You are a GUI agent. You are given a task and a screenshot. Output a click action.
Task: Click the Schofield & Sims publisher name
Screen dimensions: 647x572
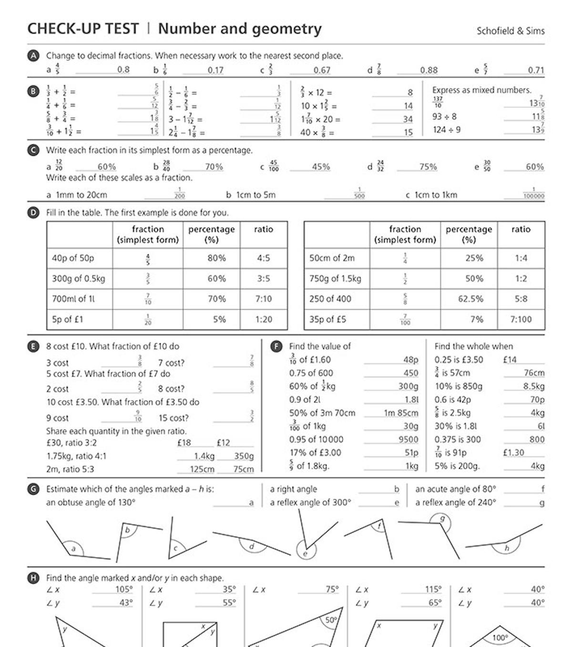tap(510, 31)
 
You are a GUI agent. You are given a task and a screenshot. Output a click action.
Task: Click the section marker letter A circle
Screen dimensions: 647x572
tap(33, 56)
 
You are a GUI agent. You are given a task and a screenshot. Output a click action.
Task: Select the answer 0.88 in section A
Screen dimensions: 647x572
tap(429, 70)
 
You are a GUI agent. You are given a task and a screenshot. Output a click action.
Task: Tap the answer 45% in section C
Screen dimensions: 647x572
tap(321, 167)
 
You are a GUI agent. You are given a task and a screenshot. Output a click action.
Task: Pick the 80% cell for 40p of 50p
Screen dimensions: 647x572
tap(216, 258)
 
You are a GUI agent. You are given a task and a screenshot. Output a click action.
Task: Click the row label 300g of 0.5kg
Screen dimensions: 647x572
tap(79, 279)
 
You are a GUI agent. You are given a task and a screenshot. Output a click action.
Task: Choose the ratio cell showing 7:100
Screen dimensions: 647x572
tap(521, 319)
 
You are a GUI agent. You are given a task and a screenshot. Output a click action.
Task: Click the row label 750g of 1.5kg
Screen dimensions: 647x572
tap(335, 279)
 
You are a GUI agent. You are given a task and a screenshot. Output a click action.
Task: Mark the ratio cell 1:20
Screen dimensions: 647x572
tap(264, 319)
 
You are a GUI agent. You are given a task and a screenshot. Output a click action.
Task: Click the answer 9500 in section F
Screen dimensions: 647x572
tap(408, 439)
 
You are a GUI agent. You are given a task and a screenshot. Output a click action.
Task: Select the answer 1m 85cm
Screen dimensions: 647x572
tap(401, 413)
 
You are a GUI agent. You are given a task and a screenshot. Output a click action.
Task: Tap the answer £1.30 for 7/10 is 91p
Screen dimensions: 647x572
tap(513, 453)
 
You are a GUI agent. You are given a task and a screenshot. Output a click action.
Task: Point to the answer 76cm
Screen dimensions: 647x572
tap(534, 373)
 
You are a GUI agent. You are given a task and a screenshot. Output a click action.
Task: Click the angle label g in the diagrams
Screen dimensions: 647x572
tap(442, 519)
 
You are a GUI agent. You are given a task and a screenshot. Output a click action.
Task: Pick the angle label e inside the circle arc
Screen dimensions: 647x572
tap(305, 553)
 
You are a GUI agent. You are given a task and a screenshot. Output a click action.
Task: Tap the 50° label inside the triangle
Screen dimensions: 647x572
tap(331, 620)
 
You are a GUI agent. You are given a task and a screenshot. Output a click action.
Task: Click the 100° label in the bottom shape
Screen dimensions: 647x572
tap(500, 637)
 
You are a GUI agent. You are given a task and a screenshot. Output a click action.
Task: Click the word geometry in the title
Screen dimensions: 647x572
tap(287, 29)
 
